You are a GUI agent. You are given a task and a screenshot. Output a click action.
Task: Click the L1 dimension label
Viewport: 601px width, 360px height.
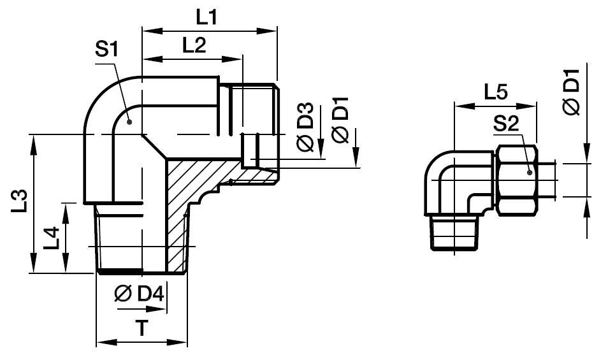click(x=207, y=17)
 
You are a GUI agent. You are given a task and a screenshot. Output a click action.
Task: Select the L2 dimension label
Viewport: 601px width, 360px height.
click(x=194, y=45)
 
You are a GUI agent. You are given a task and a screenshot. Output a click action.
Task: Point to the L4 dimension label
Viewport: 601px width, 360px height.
click(x=51, y=238)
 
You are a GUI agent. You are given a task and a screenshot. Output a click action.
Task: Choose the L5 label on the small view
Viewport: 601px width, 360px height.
click(x=496, y=92)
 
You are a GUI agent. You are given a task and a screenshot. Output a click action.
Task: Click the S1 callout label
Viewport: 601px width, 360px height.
click(x=107, y=50)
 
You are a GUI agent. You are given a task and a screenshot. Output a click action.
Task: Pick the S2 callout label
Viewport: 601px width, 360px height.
click(x=505, y=124)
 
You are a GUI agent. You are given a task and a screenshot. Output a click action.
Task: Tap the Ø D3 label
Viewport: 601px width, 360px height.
click(x=305, y=127)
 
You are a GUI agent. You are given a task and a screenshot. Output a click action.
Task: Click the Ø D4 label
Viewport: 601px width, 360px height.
click(x=140, y=294)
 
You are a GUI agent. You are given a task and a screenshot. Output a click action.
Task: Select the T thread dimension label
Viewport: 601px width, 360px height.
click(x=142, y=329)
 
